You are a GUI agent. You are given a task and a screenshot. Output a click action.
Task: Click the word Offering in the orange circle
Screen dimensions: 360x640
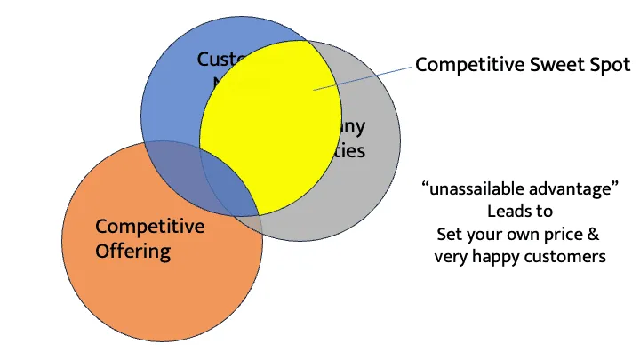[x=133, y=251]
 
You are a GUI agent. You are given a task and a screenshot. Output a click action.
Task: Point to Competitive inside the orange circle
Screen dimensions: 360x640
[x=149, y=227]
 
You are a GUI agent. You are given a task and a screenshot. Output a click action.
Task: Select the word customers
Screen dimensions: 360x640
[x=568, y=257]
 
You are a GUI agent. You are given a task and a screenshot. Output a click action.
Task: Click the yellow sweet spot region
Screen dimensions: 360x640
[x=267, y=133]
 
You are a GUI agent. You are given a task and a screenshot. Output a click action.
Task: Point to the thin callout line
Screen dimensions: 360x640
[x=364, y=76]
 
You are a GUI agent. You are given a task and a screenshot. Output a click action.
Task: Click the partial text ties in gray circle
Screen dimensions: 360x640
[x=350, y=150]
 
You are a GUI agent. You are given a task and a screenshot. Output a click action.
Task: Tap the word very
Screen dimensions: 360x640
[x=452, y=257]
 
